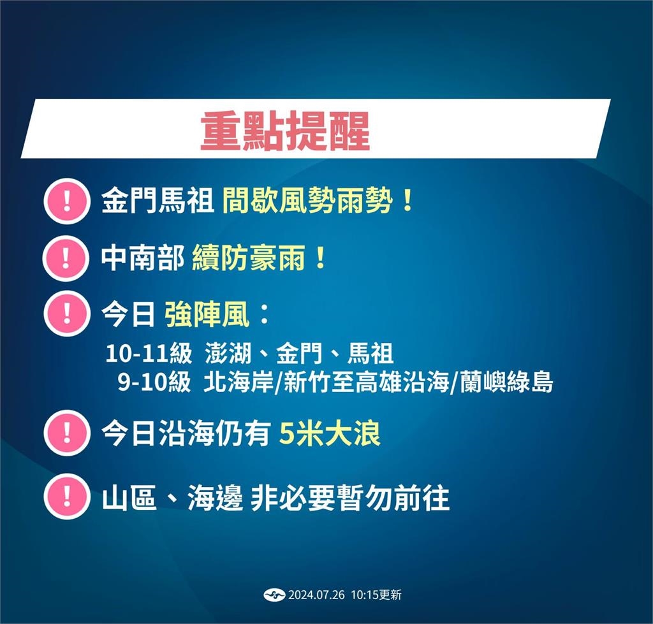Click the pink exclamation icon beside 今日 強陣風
click(x=66, y=314)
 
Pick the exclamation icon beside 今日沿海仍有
click(x=66, y=433)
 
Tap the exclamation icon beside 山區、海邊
click(x=66, y=498)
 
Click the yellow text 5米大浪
click(x=330, y=434)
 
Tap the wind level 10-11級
click(x=149, y=352)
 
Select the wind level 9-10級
click(x=154, y=382)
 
